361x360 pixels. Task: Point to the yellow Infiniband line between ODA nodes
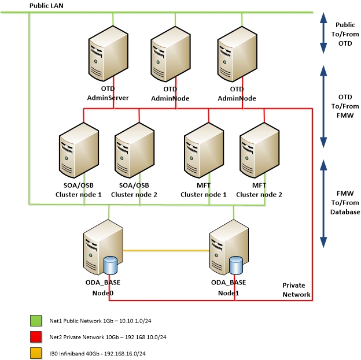(165, 251)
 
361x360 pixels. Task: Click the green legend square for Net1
(35, 320)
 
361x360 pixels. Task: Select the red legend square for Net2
(35, 336)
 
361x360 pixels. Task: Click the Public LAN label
(46, 5)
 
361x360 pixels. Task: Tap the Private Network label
(296, 290)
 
